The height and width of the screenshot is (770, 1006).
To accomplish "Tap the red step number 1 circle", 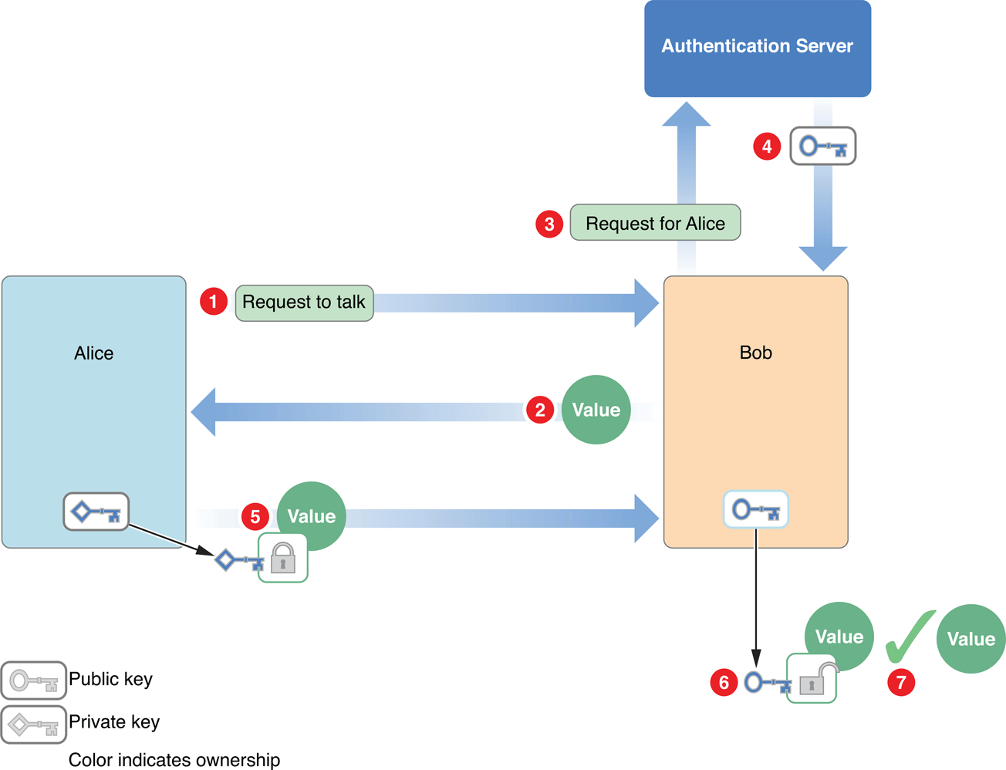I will coord(214,301).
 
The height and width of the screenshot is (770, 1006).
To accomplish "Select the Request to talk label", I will coord(304,302).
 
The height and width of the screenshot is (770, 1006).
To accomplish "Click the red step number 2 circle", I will coord(540,410).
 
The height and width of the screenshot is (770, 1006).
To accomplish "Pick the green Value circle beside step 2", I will coord(596,410).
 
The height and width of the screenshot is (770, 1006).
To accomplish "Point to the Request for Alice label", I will coord(655,223).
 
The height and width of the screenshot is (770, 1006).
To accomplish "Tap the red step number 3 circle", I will coord(549,224).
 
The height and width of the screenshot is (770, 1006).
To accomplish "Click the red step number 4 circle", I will coord(767,146).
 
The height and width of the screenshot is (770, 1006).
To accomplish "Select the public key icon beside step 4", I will coord(822,146).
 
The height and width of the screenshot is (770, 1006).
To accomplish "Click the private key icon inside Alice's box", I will coord(96,512).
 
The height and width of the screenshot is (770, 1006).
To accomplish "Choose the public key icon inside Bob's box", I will coord(756,509).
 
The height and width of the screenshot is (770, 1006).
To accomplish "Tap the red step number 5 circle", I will coord(255,516).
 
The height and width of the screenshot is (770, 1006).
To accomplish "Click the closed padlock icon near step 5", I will coord(283,558).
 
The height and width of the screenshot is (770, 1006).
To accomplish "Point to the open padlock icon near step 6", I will coord(812,680).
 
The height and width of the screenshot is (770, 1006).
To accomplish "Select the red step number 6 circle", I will coord(724,682).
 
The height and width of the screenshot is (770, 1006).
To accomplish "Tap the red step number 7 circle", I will coord(901,682).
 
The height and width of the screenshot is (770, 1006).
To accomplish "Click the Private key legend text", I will coord(114,722).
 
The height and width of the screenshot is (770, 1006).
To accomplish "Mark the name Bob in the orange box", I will coord(755,353).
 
